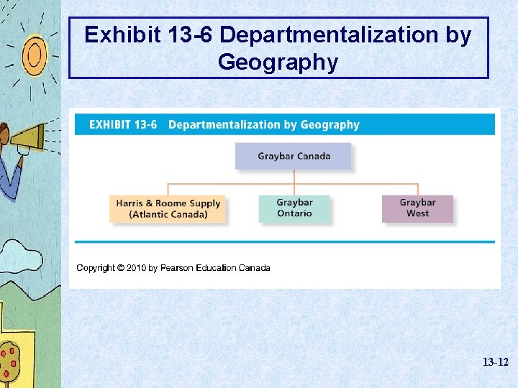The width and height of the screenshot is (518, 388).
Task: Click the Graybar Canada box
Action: pyautogui.click(x=294, y=156)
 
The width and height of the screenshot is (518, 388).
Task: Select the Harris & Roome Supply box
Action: pyautogui.click(x=168, y=208)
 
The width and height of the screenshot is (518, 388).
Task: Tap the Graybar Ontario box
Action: pyautogui.click(x=294, y=208)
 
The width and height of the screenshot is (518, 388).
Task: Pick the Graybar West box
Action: pyautogui.click(x=417, y=208)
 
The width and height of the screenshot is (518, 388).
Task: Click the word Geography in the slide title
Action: pyautogui.click(x=278, y=63)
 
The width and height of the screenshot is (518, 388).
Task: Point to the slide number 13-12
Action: pyautogui.click(x=495, y=363)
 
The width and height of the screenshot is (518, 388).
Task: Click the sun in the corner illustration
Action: pyautogui.click(x=34, y=54)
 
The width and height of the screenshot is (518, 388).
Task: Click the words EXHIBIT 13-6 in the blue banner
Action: pyautogui.click(x=122, y=124)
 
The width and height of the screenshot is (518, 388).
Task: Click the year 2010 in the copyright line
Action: pyautogui.click(x=137, y=268)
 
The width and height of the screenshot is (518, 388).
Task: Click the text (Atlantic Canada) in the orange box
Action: pyautogui.click(x=168, y=214)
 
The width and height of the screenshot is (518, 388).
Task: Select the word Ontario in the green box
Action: pyautogui.click(x=294, y=213)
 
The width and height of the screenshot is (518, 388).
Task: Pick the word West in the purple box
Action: pyautogui.click(x=417, y=213)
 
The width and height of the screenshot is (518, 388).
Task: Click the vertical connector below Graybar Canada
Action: pyautogui.click(x=294, y=177)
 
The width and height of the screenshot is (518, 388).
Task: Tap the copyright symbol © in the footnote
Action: pyautogui.click(x=122, y=268)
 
